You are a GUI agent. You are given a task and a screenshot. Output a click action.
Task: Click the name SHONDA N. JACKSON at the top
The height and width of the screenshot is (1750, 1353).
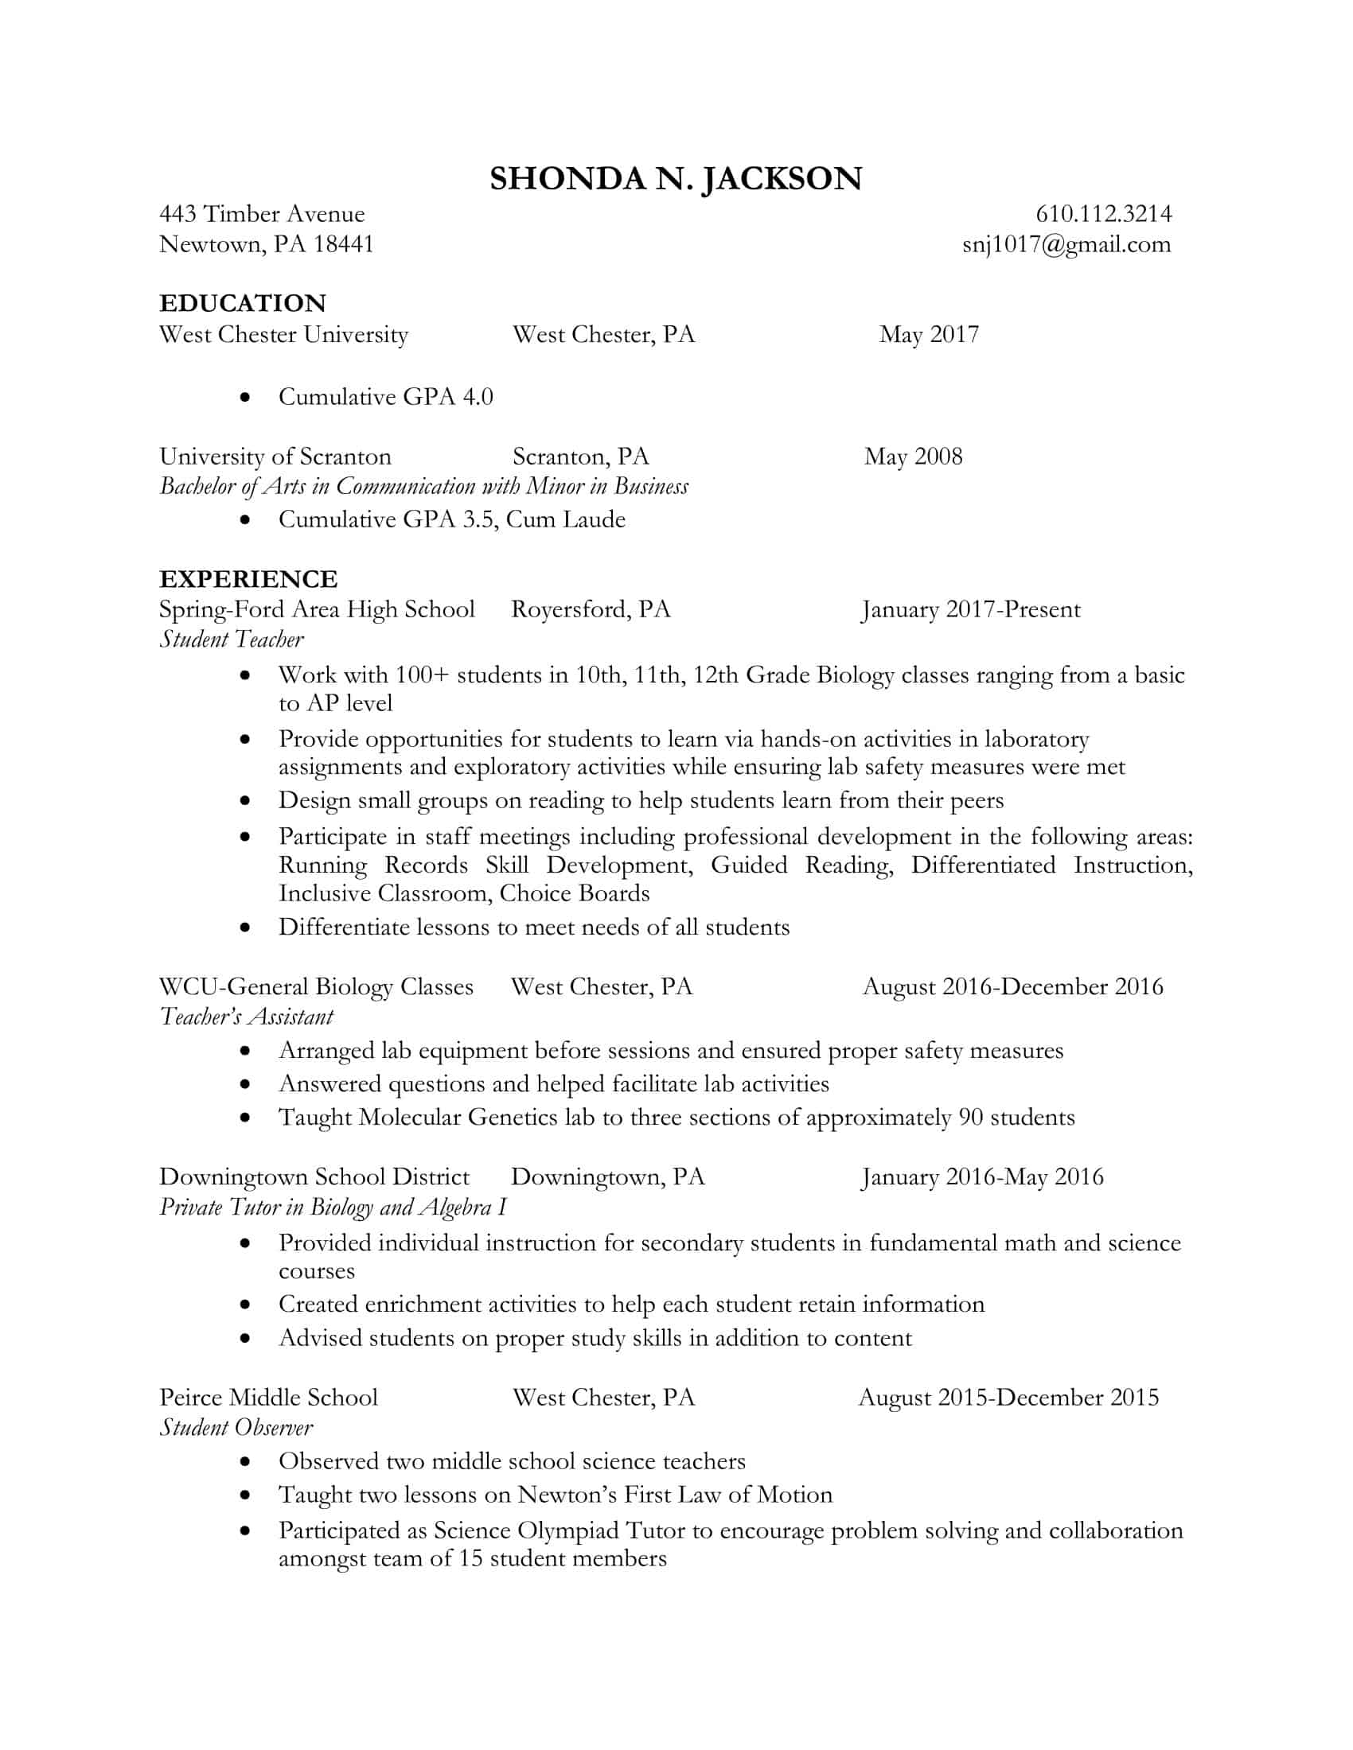coord(675,179)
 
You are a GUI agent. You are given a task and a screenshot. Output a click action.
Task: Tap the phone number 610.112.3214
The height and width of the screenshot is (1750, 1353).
coord(1103,214)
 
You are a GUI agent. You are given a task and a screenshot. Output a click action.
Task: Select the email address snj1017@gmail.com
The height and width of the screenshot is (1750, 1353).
coord(1066,244)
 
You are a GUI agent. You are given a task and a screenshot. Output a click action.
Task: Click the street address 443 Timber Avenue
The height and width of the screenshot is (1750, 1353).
coord(261,214)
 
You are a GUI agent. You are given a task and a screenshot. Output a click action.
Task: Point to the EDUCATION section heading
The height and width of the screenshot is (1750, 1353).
coord(242,303)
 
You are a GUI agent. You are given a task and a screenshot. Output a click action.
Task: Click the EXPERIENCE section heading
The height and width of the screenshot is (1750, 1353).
coord(248,578)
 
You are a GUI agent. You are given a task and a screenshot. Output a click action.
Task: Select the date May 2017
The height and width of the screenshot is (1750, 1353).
coord(928,334)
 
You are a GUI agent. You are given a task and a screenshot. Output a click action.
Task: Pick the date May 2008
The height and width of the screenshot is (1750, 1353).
coord(913,457)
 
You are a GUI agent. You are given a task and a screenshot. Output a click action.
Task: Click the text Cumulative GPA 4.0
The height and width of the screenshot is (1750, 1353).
coord(385,397)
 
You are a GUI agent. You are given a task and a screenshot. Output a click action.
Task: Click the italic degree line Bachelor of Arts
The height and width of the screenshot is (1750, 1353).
coord(423,486)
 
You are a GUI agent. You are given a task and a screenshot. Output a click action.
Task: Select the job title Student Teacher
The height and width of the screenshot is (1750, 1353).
coord(232,640)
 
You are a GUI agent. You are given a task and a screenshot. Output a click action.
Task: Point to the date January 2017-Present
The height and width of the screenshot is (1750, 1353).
coord(971,610)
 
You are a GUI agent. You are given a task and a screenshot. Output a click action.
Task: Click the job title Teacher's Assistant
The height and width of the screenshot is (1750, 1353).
coord(246,1017)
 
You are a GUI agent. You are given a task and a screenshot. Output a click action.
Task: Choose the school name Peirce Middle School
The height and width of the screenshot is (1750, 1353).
coord(267,1398)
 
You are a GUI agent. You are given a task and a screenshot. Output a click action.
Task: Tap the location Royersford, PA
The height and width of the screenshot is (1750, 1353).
coord(591,610)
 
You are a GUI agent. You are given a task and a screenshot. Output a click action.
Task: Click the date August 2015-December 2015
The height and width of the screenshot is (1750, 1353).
coord(1008,1398)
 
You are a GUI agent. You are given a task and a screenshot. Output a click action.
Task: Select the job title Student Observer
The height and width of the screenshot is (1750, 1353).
coord(236,1427)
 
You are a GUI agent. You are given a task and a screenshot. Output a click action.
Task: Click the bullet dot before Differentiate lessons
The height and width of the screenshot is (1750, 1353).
coord(245,927)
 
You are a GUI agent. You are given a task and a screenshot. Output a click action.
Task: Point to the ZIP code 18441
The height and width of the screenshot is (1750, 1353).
coord(343,244)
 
